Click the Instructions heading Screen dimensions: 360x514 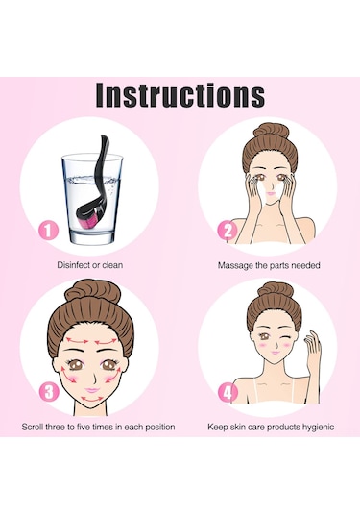[x=180, y=95]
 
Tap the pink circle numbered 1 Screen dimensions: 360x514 [x=49, y=231]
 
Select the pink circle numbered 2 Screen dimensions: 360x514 [x=228, y=231]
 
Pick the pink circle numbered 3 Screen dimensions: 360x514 [x=49, y=392]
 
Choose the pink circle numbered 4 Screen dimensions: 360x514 [x=228, y=392]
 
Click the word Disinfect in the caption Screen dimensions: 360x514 [x=74, y=265]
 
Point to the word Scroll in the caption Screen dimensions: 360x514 [x=33, y=428]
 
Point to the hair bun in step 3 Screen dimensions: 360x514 [x=88, y=291]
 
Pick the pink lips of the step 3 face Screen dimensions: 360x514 [x=93, y=390]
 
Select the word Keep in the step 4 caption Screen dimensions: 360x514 [x=217, y=428]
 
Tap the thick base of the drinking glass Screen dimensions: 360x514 [x=93, y=238]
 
